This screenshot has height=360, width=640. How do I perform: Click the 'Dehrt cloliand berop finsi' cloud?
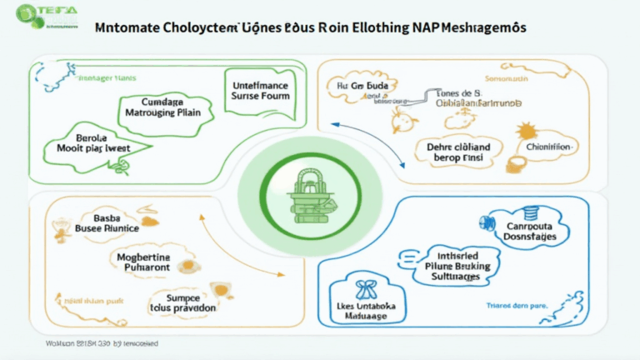click(x=452, y=150)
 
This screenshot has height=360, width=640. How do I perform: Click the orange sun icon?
click(x=527, y=131)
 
